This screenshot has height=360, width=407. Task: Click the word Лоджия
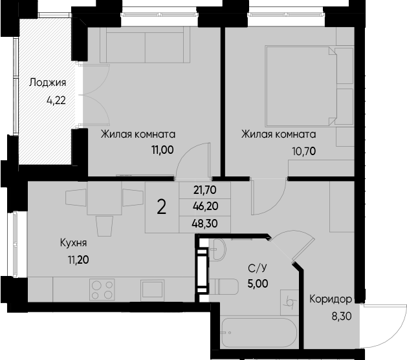pos(47,83)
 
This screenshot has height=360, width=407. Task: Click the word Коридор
pos(330,300)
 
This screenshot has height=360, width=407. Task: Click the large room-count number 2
pos(161,207)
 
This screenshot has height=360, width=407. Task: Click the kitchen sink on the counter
pos(154,288)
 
